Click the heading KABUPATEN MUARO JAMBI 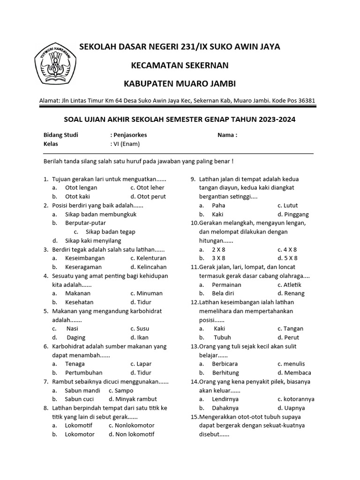pyautogui.click(x=180, y=83)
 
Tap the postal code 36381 pyautogui.click(x=306, y=100)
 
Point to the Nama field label pyautogui.click(x=227, y=135)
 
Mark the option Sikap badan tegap pyautogui.click(x=111, y=232)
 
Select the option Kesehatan pyautogui.click(x=79, y=302)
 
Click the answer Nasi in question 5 pyautogui.click(x=72, y=329)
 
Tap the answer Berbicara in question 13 pyautogui.click(x=225, y=364)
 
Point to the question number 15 pyautogui.click(x=194, y=417)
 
